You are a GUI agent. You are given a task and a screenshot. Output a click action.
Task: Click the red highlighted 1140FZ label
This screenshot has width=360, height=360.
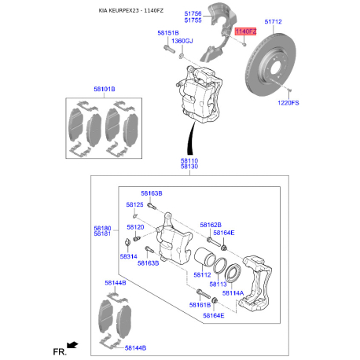pyautogui.click(x=246, y=31)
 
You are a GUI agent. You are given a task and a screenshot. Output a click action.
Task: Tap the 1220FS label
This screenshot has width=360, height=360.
pyautogui.click(x=289, y=102)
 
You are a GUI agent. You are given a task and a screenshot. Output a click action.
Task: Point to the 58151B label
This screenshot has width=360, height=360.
pyautogui.click(x=167, y=33)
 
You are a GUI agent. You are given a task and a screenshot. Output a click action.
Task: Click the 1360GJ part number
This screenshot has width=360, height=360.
pyautogui.click(x=182, y=41)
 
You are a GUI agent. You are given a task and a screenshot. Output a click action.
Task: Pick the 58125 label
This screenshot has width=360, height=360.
pyautogui.click(x=135, y=204)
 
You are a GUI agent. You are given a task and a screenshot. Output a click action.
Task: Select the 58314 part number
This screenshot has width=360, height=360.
pyautogui.click(x=129, y=256)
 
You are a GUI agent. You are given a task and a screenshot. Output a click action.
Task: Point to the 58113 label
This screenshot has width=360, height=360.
pyautogui.click(x=218, y=283)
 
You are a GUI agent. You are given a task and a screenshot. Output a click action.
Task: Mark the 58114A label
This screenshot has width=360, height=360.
pyautogui.click(x=232, y=292)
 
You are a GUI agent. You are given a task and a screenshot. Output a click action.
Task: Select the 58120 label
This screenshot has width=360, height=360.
pyautogui.click(x=135, y=226)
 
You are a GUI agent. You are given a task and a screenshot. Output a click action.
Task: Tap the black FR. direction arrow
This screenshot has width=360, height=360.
pyautogui.click(x=72, y=344)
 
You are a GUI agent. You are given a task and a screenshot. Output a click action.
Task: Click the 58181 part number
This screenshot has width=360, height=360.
pyautogui.click(x=102, y=233)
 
